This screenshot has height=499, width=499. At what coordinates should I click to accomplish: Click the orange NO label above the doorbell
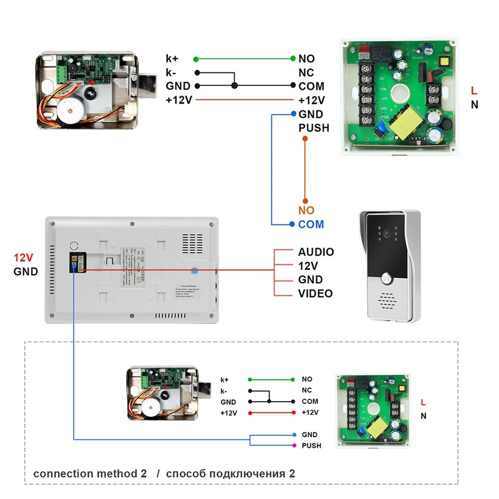(306, 211)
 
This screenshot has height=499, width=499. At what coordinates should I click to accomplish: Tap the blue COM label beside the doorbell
(311, 225)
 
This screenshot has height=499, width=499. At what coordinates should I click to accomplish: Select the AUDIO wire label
(316, 252)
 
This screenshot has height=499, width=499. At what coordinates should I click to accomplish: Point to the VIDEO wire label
(315, 294)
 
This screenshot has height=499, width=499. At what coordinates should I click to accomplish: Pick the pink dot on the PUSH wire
(294, 445)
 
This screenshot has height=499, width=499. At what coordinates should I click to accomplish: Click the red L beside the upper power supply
(474, 91)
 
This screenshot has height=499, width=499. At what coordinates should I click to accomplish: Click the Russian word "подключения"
(251, 473)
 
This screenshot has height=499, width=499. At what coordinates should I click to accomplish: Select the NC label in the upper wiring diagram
(306, 72)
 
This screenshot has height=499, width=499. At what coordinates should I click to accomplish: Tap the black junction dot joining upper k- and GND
(234, 86)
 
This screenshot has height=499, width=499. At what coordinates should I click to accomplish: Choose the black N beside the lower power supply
(424, 416)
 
